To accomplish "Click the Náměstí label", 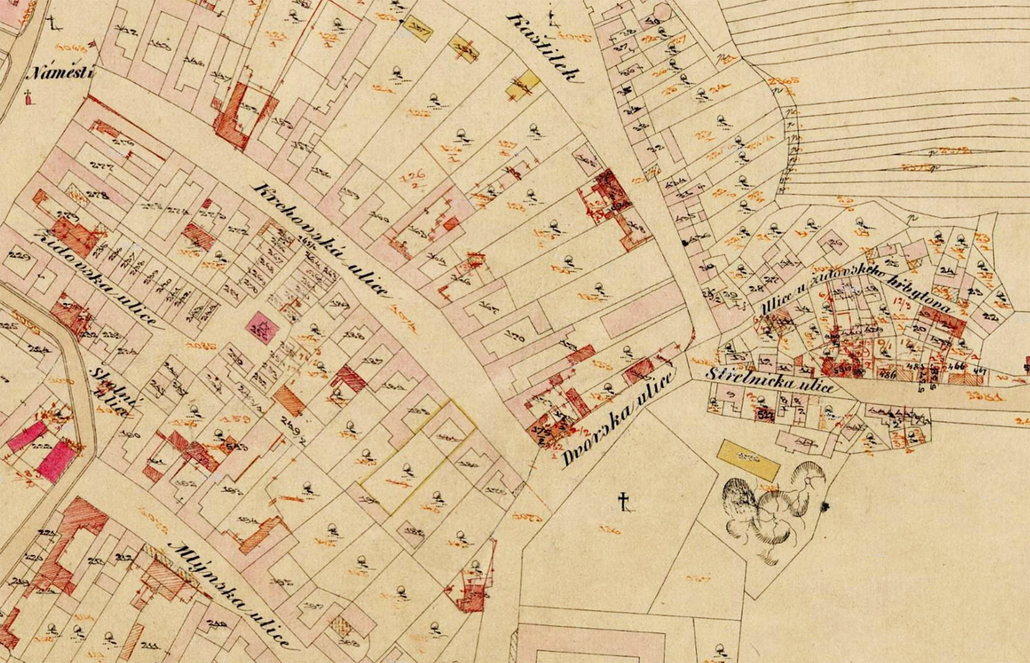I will pos(60,72).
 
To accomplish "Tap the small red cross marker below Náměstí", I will pos(29,98).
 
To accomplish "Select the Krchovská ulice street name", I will pos(321,240).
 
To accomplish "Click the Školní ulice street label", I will pos(106,390).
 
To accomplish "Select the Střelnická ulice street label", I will pos(768,381).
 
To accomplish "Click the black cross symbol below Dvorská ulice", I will pos(622,503).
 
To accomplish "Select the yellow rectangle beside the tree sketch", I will pos(748,459).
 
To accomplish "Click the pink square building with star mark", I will pos(262,327).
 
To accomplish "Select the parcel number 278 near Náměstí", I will pos(97,196).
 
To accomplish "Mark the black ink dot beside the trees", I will pos(824,506).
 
